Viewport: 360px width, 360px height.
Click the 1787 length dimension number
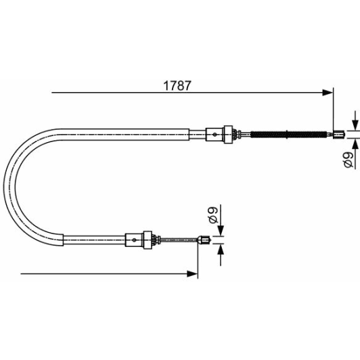[179, 87]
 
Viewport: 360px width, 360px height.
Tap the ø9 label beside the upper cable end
[345, 160]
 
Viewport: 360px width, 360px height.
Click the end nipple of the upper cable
[336, 134]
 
